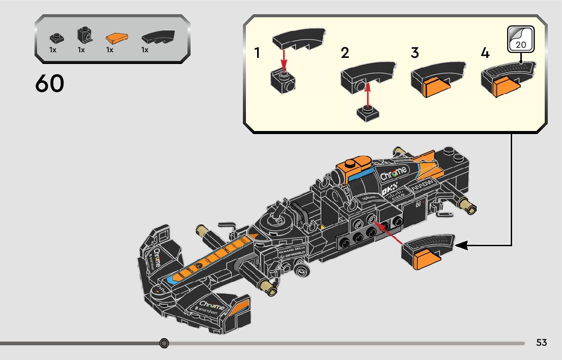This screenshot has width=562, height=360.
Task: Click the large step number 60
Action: [50, 84]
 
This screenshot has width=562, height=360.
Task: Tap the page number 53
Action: [542, 343]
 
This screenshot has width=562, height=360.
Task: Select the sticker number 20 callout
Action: [521, 40]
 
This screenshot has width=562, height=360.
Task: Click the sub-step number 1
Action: [258, 53]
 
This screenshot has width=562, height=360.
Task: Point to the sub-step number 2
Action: [345, 53]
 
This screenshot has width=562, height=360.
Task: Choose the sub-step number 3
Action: [415, 53]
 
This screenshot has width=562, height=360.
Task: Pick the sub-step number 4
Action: [485, 53]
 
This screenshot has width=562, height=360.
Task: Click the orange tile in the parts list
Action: [116, 38]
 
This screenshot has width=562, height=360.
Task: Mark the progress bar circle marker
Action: [164, 343]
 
